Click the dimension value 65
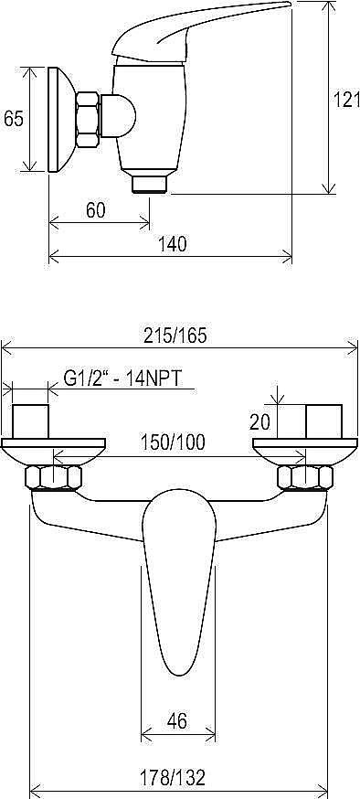pos(14,119)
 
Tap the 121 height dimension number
pos(347,100)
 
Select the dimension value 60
pos(95,210)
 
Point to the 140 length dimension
pos(173,244)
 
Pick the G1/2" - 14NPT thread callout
pos(123,378)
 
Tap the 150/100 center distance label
pos(172,442)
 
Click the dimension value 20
pos(260,421)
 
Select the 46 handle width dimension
pos(177,720)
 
